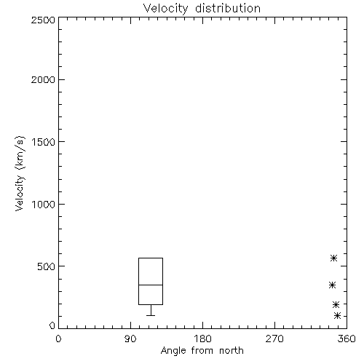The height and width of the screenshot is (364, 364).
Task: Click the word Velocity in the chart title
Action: (x=166, y=9)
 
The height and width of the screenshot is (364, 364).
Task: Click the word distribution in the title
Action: (x=228, y=8)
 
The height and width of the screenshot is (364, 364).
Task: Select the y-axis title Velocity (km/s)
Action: (x=20, y=174)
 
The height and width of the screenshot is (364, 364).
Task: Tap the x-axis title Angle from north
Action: (x=202, y=351)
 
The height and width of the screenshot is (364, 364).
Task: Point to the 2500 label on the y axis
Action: (x=43, y=20)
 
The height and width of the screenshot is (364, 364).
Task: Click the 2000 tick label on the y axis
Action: (x=43, y=79)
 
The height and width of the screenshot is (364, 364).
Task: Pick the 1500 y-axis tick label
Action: (x=44, y=142)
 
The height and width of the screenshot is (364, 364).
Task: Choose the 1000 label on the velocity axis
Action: (x=44, y=204)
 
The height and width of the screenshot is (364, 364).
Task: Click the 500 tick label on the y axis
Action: (x=47, y=266)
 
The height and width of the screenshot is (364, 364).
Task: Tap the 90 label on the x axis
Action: (x=130, y=339)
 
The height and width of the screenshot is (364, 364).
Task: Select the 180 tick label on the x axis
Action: (x=202, y=339)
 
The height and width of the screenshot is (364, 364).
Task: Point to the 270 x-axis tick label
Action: (x=274, y=339)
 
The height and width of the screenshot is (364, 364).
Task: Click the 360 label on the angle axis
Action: (x=347, y=339)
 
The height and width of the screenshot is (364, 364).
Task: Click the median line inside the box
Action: (x=151, y=285)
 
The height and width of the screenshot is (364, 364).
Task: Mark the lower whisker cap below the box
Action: (x=151, y=315)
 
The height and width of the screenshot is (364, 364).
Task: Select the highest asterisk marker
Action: (x=334, y=258)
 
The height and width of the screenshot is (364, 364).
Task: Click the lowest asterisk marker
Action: (x=337, y=315)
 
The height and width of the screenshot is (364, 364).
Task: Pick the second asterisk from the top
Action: (x=333, y=285)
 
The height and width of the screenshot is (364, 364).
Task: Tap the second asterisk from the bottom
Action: (x=336, y=304)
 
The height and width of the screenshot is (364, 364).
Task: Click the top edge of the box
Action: (x=151, y=258)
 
